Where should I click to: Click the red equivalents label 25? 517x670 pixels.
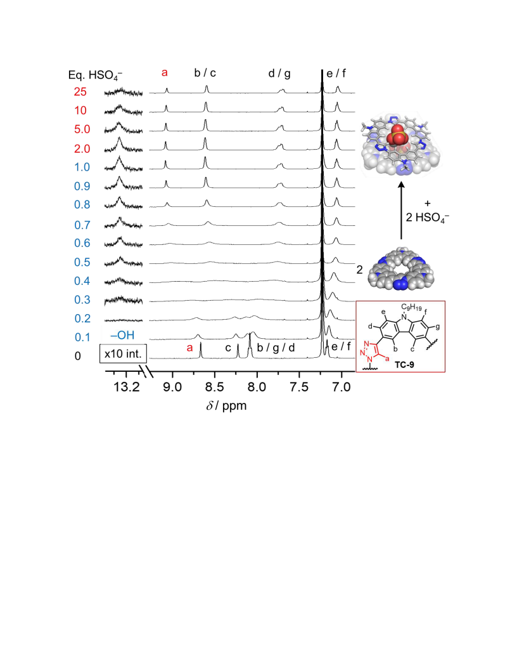(80, 92)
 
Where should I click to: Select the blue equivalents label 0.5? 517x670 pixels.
(82, 262)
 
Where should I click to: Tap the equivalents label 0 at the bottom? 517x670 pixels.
(78, 356)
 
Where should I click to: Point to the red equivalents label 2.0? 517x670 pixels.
(82, 148)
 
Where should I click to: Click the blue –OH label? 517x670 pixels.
(122, 335)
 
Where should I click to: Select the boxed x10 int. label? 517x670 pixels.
(124, 354)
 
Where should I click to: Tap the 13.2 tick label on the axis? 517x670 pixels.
(127, 387)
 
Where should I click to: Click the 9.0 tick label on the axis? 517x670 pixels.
(172, 387)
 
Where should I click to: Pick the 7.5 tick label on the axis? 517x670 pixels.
(299, 387)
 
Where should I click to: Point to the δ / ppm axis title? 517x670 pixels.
(227, 405)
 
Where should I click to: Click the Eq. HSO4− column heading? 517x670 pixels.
(95, 76)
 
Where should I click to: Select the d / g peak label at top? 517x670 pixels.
(279, 74)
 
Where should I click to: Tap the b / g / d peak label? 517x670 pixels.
(276, 348)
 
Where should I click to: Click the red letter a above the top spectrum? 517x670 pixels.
(165, 73)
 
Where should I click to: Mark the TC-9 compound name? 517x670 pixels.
(404, 365)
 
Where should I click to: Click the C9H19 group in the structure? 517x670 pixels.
(411, 308)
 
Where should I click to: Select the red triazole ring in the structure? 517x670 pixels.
(369, 351)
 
